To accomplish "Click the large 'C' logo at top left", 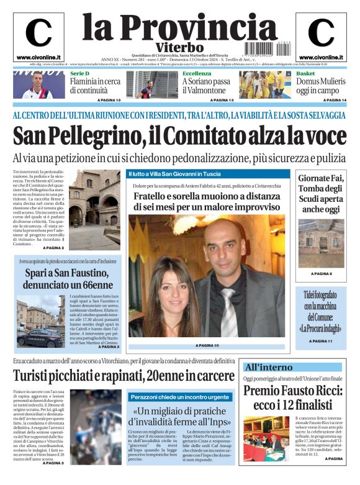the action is pos(38,33).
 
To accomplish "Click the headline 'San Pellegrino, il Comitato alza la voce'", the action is pos(179,135).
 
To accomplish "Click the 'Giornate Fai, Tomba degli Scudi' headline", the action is pos(321,193).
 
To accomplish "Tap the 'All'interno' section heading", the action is pos(268,367).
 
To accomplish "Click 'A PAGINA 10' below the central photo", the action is pos(207,345).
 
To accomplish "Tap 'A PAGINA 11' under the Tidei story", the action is pos(321,341).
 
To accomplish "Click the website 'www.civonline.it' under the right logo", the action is pos(321,58).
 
